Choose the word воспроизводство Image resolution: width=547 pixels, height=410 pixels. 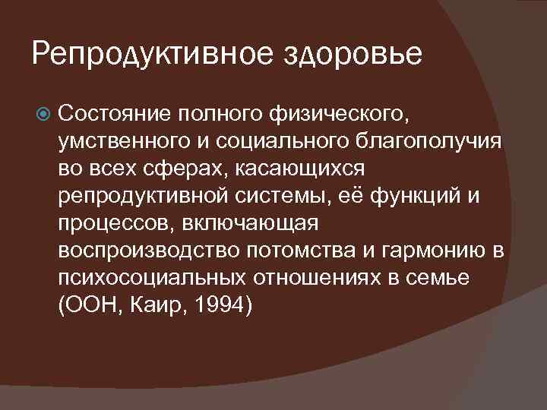click(140, 251)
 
